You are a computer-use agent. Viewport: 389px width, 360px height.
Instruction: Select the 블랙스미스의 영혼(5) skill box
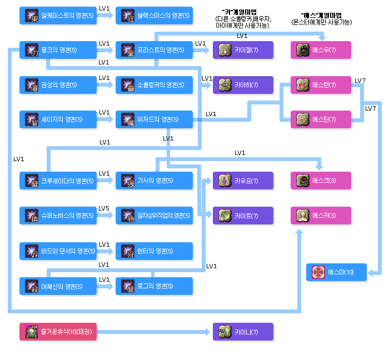point(154,16)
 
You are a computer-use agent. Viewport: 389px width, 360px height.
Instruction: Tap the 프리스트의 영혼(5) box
point(154,51)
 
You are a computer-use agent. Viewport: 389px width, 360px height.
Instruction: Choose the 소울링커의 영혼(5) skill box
point(154,85)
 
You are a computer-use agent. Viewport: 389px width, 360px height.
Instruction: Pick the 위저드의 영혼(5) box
point(154,119)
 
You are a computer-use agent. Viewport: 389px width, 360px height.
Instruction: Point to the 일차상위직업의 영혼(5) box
point(154,216)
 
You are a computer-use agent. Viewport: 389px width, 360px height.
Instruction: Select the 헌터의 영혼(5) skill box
point(154,251)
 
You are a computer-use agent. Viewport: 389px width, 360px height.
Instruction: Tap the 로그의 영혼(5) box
point(154,286)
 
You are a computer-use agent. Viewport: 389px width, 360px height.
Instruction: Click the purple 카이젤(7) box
point(243,51)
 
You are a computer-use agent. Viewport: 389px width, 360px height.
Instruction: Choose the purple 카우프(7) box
point(243,181)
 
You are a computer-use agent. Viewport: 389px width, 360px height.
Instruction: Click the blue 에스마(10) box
point(337,272)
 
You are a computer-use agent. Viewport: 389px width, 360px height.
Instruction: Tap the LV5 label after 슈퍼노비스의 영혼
point(104,208)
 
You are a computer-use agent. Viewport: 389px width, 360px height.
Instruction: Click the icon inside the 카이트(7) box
point(224,216)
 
